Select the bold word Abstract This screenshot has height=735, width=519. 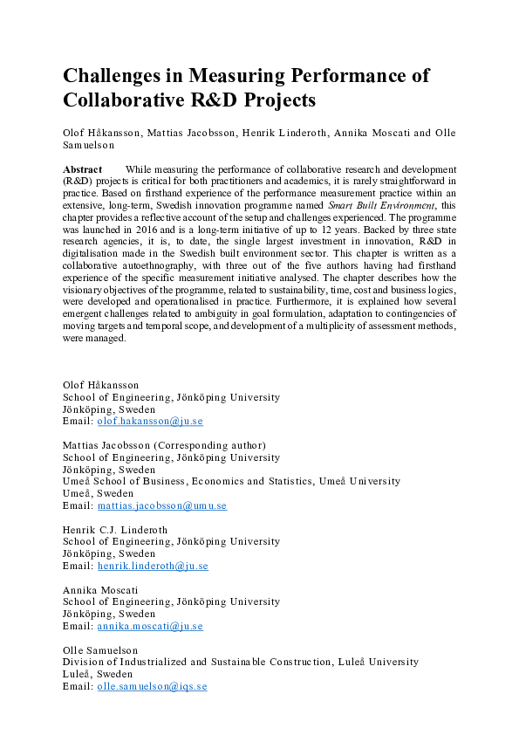pyautogui.click(x=83, y=168)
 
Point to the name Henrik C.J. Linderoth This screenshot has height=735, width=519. pyautogui.click(x=114, y=530)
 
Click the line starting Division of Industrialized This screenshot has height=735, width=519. pyautogui.click(x=241, y=662)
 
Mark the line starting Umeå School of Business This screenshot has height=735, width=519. pyautogui.click(x=231, y=481)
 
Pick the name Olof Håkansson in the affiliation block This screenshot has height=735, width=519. pyautogui.click(x=100, y=385)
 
